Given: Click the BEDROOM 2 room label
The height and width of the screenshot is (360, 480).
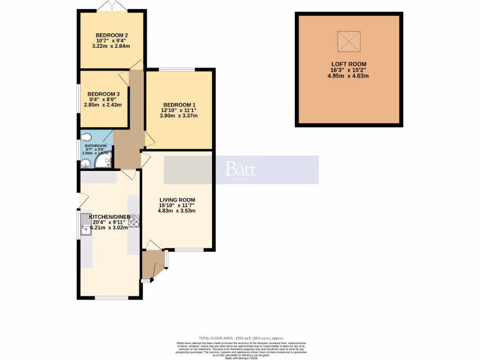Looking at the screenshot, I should tap(112, 35).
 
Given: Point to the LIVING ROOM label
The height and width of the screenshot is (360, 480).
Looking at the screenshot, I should tap(176, 200).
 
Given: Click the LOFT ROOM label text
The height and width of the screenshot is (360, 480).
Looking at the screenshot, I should tap(349, 64).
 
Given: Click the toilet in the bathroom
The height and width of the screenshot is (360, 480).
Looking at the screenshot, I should tap(85, 137).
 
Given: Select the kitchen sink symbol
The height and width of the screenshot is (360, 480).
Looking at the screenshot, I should tap(85, 224).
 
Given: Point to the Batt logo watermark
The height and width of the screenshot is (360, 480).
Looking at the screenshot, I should tap(241, 169).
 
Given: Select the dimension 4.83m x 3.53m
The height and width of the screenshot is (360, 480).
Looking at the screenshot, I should tap(176, 210).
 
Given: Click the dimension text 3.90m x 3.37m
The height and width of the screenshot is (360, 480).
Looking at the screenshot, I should tap(179, 116).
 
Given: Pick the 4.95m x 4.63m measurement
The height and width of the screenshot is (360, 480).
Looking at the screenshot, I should tap(349, 75).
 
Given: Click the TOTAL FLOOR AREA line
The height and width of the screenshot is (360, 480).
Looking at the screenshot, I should tap(241, 338).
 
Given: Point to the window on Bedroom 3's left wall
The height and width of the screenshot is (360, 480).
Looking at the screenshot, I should tap(78, 98).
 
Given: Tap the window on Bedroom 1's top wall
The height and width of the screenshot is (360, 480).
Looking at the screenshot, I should tap(177, 69).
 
